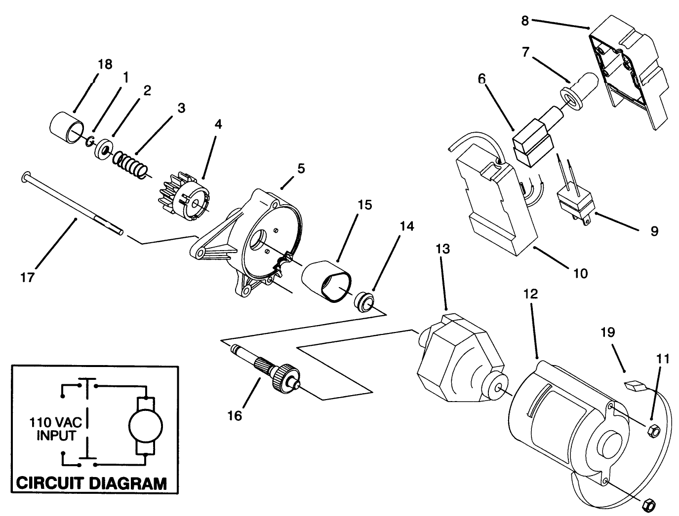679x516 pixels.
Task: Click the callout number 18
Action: pyautogui.click(x=105, y=65)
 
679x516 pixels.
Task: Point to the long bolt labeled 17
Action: pyautogui.click(x=74, y=206)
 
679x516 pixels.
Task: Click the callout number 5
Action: pyautogui.click(x=301, y=169)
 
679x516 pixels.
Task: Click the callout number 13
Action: pyautogui.click(x=443, y=249)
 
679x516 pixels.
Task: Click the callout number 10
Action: pyautogui.click(x=581, y=273)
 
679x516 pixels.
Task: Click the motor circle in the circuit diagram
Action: pyautogui.click(x=145, y=424)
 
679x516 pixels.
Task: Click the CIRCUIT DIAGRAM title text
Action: pyautogui.click(x=91, y=482)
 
